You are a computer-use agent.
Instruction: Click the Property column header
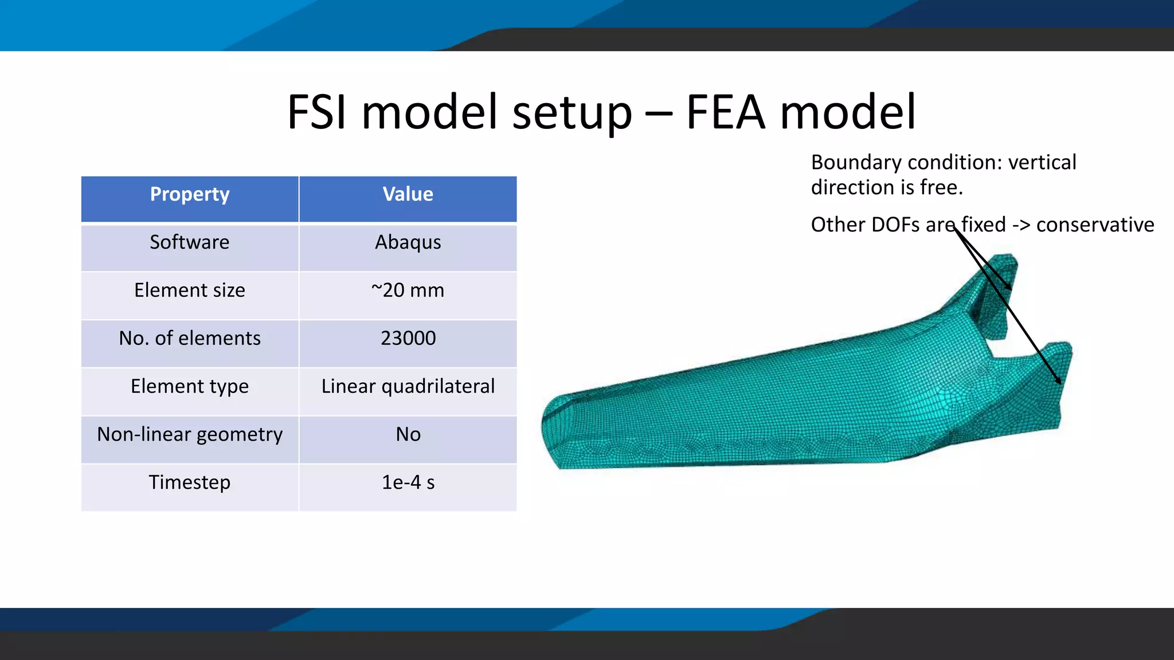coord(190,195)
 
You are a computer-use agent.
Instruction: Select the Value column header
coord(408,195)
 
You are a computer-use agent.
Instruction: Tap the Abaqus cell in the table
coord(408,242)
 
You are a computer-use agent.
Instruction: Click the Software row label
coord(190,242)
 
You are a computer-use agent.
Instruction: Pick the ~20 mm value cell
coord(408,290)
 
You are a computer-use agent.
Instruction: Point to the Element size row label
coord(190,290)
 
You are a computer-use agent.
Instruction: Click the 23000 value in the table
coord(408,339)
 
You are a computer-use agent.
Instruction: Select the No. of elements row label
coord(190,339)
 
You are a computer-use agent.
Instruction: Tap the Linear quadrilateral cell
coord(408,387)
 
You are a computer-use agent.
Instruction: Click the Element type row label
coord(190,387)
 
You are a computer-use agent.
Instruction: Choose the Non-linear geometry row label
coord(190,435)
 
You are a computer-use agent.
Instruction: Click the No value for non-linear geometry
coord(408,435)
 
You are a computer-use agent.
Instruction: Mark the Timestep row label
coord(190,482)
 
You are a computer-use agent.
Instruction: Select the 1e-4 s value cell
coord(408,482)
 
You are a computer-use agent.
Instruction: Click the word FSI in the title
coord(317,112)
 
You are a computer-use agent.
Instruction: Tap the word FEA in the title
coord(726,112)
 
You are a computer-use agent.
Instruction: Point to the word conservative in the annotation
coord(1095,225)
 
